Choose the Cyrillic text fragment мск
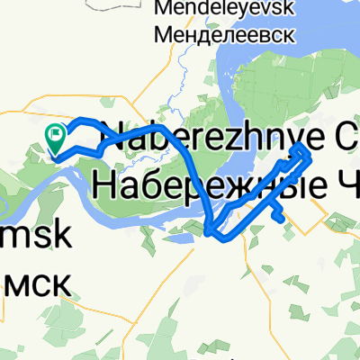click(35, 274)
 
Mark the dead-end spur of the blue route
click(283, 217)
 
